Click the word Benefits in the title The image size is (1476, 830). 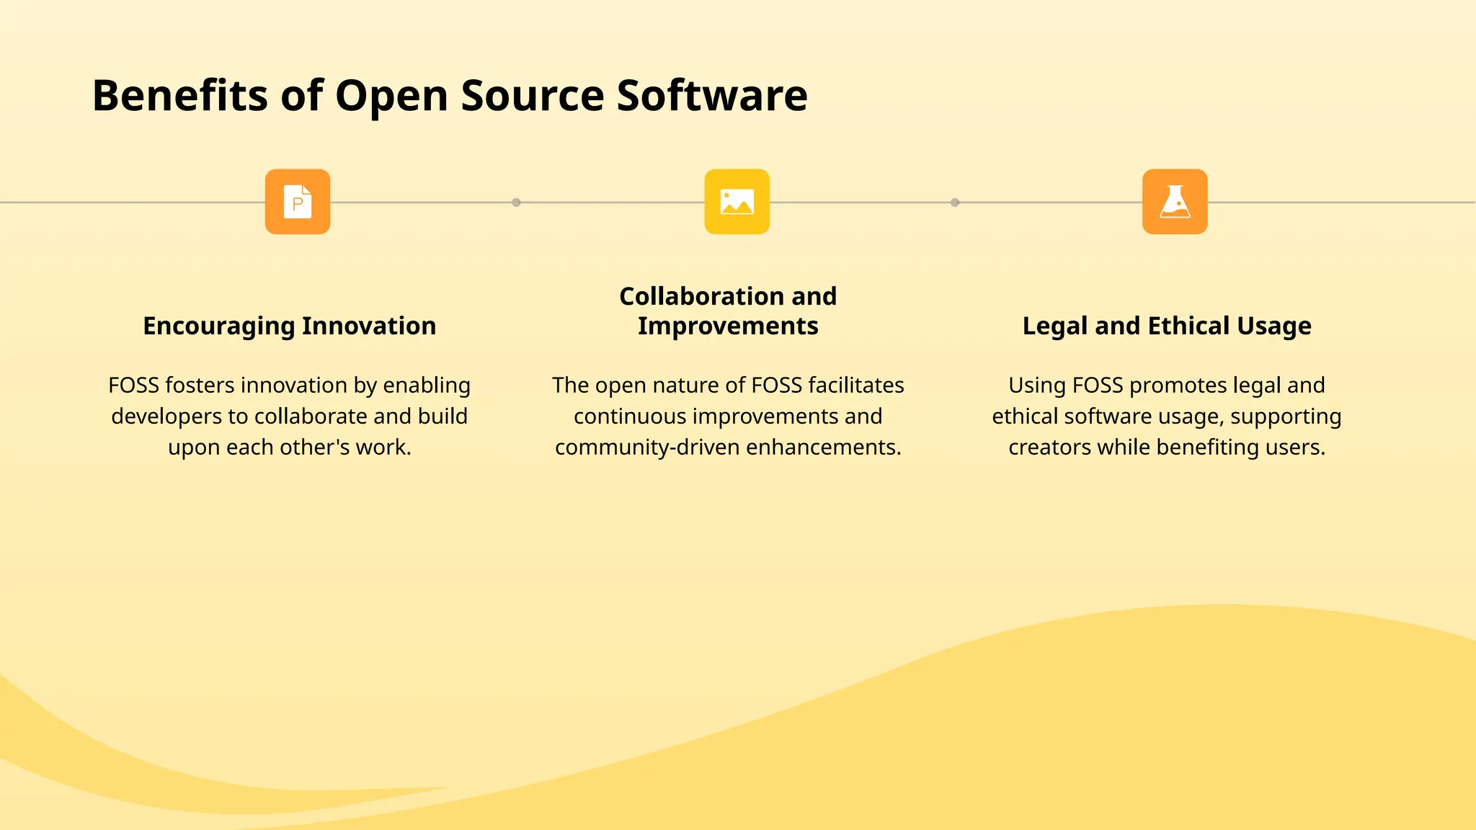180,95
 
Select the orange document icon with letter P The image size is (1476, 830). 298,202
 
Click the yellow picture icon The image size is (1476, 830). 737,202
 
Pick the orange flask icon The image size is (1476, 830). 1175,202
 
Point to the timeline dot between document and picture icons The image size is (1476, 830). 516,202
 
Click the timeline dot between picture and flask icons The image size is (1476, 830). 955,202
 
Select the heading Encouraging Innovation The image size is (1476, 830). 289,326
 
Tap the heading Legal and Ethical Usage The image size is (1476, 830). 1167,326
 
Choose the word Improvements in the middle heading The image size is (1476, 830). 728,326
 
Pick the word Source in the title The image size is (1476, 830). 533,95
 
